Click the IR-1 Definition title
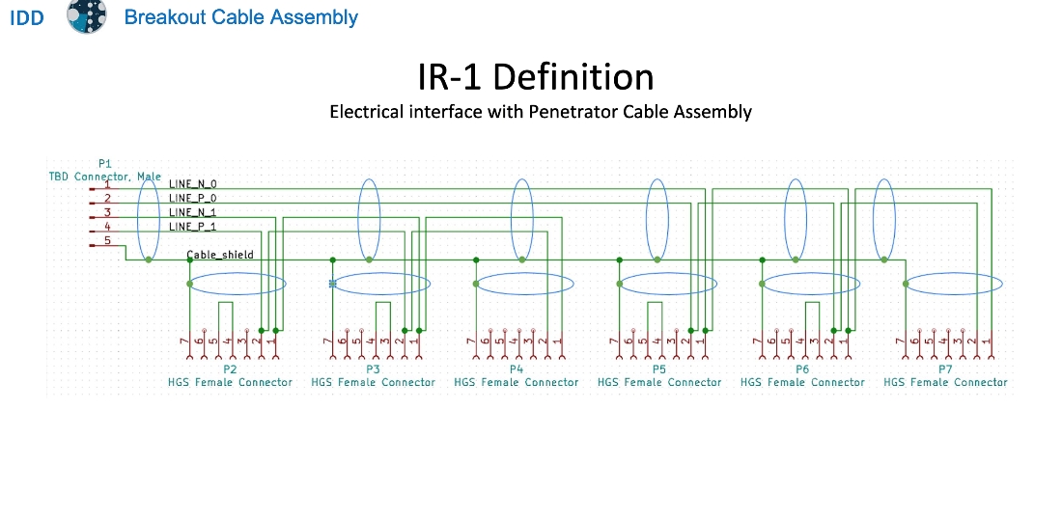coord(536,77)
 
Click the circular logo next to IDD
coord(86,16)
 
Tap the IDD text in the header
coord(27,17)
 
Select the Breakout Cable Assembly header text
coord(241,17)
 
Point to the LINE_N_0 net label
coord(192,183)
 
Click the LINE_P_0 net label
coord(192,198)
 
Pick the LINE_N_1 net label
coord(192,212)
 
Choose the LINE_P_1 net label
coord(192,227)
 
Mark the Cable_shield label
coord(220,256)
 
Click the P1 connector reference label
coord(105,164)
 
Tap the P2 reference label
coord(230,369)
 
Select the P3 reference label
coord(373,369)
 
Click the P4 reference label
coord(516,369)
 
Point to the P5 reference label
coord(658,369)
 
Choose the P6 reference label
coord(802,369)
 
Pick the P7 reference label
coord(945,369)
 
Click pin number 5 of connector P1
coord(107,240)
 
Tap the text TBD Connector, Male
coord(105,177)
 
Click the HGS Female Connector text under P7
coord(945,383)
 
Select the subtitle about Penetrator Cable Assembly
coord(540,112)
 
